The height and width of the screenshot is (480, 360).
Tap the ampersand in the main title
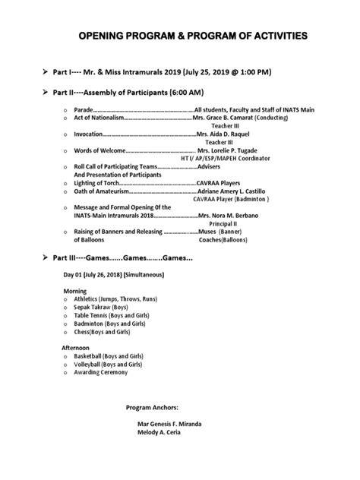tap(194, 36)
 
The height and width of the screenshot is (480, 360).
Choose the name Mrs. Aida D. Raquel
tap(226, 134)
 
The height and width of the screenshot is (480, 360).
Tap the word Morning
tap(75, 291)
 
